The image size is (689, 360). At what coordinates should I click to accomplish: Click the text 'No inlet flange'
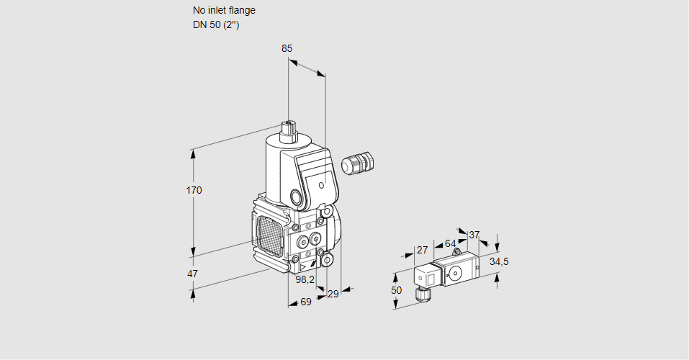click(224, 10)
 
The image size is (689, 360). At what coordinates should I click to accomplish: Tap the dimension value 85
click(287, 48)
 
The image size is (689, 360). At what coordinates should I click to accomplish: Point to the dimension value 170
click(194, 190)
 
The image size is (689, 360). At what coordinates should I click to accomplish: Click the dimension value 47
click(192, 274)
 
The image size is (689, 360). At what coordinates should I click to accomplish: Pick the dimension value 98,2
click(305, 279)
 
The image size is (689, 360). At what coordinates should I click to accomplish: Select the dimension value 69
click(305, 302)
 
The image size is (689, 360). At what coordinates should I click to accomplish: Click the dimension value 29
click(333, 294)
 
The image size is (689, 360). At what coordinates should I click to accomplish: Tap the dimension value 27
click(423, 250)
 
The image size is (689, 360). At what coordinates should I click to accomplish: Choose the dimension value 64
click(450, 243)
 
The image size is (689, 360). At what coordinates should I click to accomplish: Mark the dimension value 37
click(474, 235)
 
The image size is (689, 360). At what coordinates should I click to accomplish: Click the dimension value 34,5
click(499, 261)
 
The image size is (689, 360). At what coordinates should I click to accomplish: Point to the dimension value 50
click(396, 289)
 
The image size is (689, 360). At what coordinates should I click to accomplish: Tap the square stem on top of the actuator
click(289, 130)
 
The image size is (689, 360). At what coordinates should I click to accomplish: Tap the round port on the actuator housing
click(297, 197)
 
